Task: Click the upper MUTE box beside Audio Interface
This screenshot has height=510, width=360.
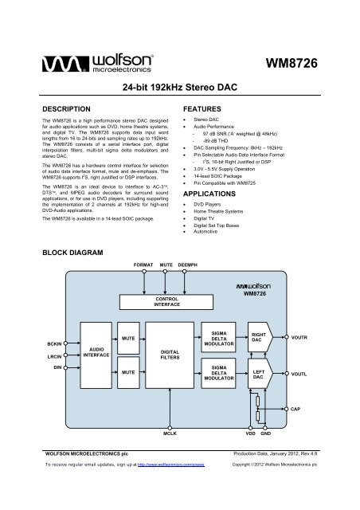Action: pyautogui.click(x=127, y=338)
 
